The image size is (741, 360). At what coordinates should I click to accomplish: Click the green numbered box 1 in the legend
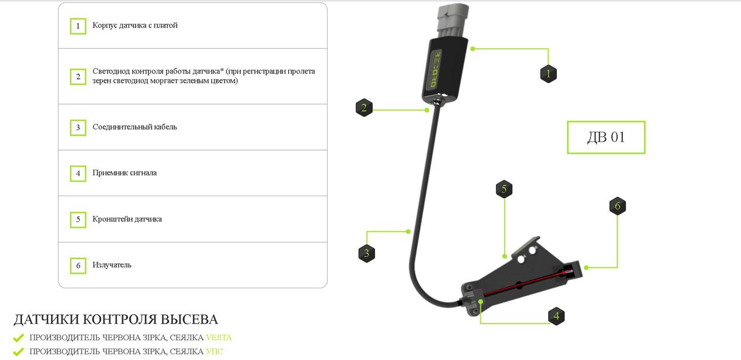(x=78, y=26)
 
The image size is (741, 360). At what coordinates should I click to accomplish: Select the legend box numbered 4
(x=78, y=174)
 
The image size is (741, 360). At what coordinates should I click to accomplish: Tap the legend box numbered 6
(x=78, y=266)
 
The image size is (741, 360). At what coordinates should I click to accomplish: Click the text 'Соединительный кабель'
(x=135, y=127)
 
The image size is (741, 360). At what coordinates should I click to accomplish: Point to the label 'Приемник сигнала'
(x=124, y=173)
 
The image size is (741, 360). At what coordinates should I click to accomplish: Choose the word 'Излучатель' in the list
(x=112, y=265)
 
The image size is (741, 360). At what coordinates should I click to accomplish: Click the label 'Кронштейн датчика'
(x=127, y=219)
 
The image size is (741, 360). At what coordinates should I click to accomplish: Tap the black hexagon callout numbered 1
(x=548, y=74)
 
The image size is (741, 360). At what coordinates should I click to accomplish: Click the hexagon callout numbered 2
(x=364, y=108)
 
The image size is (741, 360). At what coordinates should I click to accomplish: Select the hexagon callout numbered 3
(x=366, y=254)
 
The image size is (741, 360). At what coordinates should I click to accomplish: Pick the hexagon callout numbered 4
(x=556, y=316)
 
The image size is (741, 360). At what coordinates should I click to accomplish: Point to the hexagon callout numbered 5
(x=504, y=189)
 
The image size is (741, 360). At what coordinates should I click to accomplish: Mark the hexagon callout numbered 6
(x=617, y=206)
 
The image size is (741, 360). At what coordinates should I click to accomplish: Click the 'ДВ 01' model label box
(x=606, y=137)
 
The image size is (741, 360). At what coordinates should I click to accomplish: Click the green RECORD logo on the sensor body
(x=436, y=69)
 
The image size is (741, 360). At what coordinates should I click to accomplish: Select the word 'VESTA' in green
(x=219, y=337)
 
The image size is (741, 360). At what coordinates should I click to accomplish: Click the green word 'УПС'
(x=214, y=351)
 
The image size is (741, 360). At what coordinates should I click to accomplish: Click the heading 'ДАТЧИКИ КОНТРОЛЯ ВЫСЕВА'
(x=116, y=319)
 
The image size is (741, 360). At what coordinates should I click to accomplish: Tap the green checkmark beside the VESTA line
(x=19, y=338)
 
